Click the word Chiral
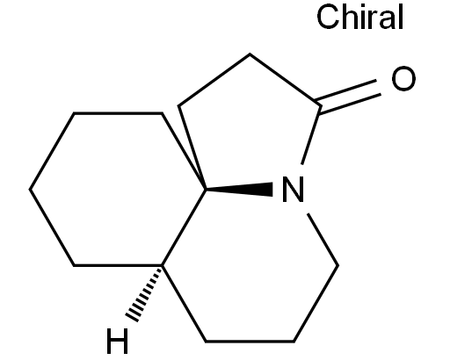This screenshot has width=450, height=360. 360,17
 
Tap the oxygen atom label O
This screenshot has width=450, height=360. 403,78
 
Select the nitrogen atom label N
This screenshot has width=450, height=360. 293,190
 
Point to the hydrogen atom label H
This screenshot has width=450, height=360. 117,341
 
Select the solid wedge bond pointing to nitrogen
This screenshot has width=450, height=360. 239,190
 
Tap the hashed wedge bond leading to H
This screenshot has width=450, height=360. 144,293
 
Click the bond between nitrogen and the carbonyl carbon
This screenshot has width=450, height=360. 310,135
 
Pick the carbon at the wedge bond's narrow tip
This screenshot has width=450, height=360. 206,190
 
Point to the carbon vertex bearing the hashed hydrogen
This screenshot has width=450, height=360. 163,265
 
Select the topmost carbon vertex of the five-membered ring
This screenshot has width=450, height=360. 250,54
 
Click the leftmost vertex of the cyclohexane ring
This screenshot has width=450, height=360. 30,190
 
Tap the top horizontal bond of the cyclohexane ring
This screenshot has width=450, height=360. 118,112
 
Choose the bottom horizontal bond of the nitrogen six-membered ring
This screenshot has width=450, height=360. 250,342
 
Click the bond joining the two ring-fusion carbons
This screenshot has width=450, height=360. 184,227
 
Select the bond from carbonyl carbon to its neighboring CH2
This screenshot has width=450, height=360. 285,80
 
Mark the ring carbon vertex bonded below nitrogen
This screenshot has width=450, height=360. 337,266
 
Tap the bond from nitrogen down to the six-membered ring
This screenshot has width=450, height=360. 323,240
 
